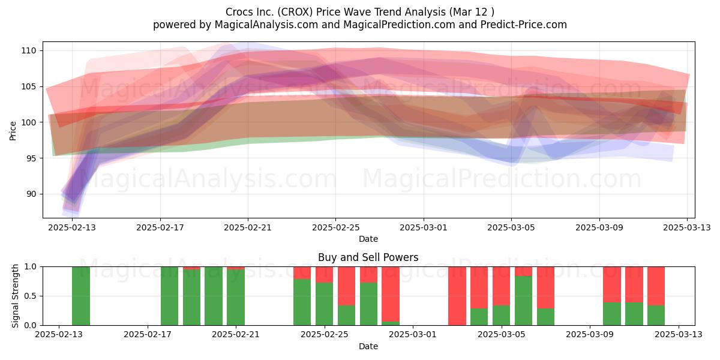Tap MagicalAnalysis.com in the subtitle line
[x=266, y=25]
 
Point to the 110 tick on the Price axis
[x=29, y=50]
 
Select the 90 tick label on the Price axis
[x=31, y=194]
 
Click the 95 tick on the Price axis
[x=31, y=158]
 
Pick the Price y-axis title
[x=13, y=131]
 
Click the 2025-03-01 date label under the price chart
[x=424, y=227]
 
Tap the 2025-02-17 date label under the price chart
[x=160, y=227]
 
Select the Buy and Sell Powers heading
[x=368, y=257]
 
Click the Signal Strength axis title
[x=15, y=296]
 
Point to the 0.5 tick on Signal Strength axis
[x=31, y=296]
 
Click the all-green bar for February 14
[x=81, y=296]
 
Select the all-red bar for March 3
[x=457, y=296]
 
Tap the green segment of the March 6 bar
[x=524, y=301]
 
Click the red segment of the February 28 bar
[x=391, y=294]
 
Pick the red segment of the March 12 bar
[x=656, y=286]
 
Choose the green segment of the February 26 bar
[x=347, y=315]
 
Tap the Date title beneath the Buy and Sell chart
[x=368, y=346]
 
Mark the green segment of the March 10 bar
[x=612, y=314]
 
